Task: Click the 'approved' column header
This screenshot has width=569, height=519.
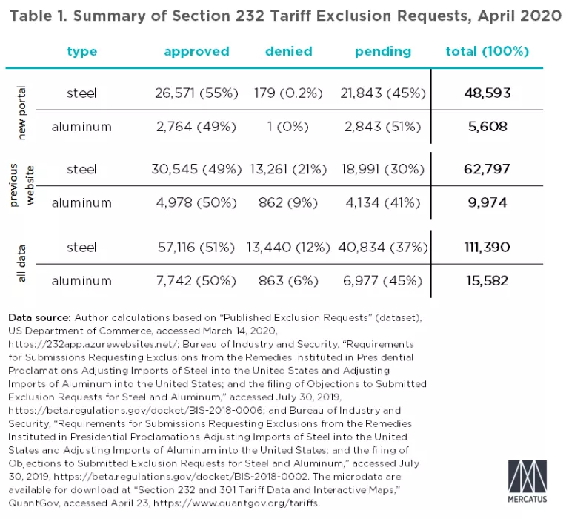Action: tap(196, 51)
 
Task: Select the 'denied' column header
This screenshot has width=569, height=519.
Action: tap(289, 51)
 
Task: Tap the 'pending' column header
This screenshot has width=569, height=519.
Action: tap(382, 51)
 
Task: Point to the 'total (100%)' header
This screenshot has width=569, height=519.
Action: tap(487, 51)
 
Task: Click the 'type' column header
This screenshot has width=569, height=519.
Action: tap(82, 51)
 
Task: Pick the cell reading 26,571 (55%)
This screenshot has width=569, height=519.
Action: tap(196, 93)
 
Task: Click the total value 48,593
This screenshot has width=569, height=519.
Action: tap(487, 93)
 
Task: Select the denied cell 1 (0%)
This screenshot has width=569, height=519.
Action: tap(289, 126)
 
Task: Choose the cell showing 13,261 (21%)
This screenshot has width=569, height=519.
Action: tap(289, 169)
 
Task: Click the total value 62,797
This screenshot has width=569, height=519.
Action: tap(487, 169)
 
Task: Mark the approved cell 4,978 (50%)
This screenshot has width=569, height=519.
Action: tap(196, 202)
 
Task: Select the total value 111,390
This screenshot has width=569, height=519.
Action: tap(487, 247)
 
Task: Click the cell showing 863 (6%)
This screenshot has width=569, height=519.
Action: tap(289, 280)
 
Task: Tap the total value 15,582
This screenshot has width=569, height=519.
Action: tap(487, 280)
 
